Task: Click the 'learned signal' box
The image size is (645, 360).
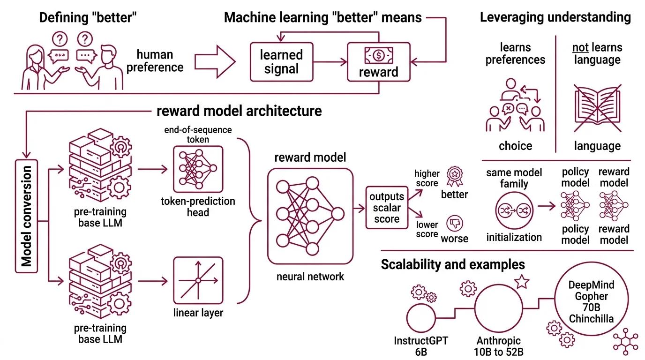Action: point(281,62)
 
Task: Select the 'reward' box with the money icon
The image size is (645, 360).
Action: point(378,62)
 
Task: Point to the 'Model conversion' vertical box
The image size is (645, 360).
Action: point(27,216)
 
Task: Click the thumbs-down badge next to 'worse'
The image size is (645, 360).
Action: point(454,223)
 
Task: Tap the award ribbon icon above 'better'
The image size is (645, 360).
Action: point(454,175)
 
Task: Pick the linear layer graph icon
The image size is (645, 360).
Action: point(197,280)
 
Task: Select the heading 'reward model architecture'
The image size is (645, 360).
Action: point(239,111)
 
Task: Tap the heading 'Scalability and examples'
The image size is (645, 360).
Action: point(452,264)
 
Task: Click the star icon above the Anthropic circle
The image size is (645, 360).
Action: point(521,282)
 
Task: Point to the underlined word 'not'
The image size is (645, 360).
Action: point(580,47)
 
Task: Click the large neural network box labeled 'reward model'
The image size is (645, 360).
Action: point(310,216)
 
